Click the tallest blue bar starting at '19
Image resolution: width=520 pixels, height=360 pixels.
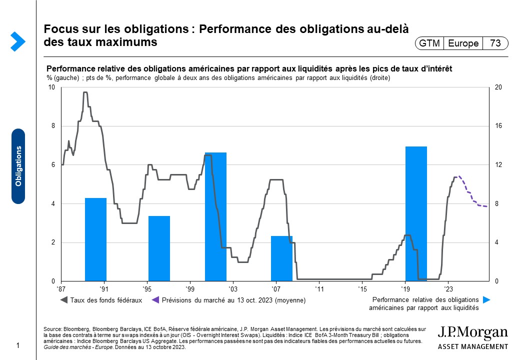(416, 213)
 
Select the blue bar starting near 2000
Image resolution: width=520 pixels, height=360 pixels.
(215, 216)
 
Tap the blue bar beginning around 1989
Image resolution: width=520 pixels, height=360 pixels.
(95, 239)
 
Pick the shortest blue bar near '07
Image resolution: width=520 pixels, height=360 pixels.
(281, 258)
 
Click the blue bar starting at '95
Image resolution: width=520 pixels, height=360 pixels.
(159, 248)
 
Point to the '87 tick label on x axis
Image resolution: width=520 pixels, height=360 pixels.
(62, 289)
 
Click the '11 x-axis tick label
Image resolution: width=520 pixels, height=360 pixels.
(319, 289)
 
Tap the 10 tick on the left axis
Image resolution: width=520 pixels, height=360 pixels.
(51, 87)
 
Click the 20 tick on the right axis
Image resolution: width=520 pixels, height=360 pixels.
(498, 87)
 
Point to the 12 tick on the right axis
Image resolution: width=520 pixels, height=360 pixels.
(498, 165)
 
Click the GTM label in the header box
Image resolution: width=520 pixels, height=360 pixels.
(429, 43)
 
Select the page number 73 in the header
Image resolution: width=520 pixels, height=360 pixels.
(495, 43)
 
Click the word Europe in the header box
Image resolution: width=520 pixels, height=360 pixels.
(463, 43)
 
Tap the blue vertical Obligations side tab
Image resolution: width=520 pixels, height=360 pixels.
(18, 166)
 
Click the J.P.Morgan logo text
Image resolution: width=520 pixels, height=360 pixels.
(472, 333)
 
